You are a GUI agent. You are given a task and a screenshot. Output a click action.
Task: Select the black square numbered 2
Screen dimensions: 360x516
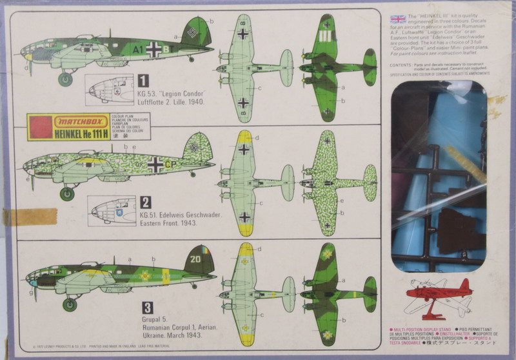[x=145, y=202]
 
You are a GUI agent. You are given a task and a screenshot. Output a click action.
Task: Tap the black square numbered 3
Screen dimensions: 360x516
[x=147, y=307]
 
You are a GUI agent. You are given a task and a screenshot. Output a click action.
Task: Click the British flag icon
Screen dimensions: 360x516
[x=399, y=19]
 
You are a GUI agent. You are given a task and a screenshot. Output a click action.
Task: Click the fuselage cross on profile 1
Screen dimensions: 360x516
[x=155, y=48]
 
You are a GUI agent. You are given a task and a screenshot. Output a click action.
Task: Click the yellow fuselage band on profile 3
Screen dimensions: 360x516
[x=166, y=276]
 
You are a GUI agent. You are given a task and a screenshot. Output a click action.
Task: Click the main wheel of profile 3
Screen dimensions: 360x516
[x=69, y=305]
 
